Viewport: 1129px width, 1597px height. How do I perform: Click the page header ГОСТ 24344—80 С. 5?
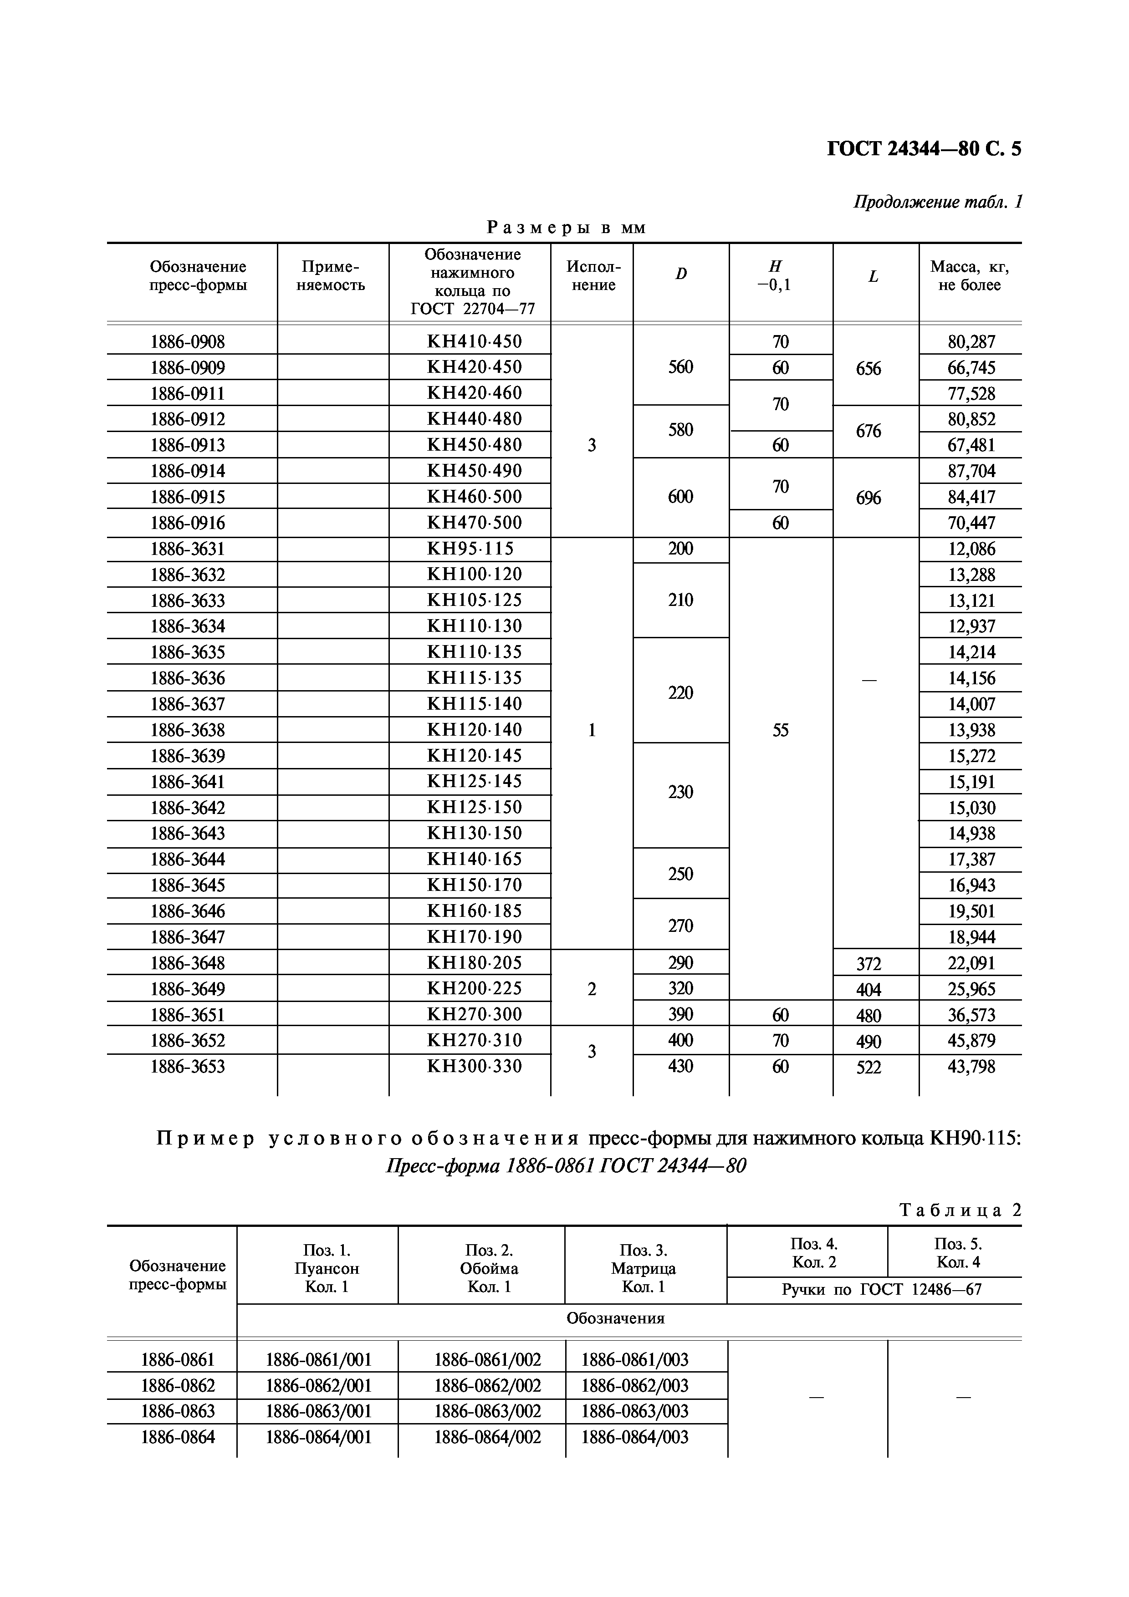point(923,149)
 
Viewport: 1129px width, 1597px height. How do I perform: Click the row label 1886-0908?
point(188,341)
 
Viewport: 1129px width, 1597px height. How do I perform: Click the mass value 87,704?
point(971,471)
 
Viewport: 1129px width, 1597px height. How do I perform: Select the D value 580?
point(680,430)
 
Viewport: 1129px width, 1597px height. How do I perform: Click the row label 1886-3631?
point(188,549)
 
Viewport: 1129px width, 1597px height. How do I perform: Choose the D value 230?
point(680,792)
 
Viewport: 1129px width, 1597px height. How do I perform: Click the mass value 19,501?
point(971,911)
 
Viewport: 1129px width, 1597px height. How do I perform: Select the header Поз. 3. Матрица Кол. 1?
point(644,1268)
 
